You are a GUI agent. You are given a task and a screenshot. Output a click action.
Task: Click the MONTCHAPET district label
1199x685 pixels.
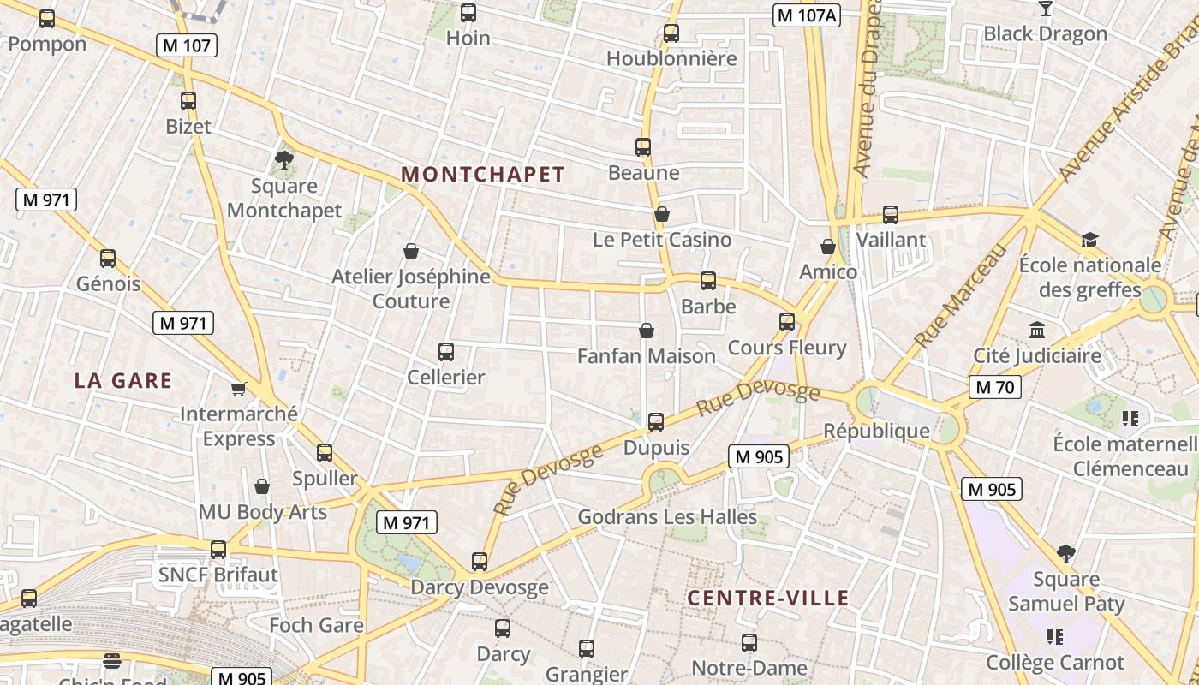click(x=483, y=175)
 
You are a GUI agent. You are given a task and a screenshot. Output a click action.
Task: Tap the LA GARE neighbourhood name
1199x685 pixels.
click(x=123, y=381)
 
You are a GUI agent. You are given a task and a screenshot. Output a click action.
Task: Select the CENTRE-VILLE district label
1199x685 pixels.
click(x=768, y=599)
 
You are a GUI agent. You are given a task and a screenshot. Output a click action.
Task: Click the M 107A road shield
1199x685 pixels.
click(x=807, y=15)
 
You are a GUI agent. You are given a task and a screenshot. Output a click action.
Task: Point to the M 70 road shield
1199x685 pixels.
click(x=994, y=387)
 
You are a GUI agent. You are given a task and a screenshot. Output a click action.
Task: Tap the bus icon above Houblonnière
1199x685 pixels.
click(x=671, y=33)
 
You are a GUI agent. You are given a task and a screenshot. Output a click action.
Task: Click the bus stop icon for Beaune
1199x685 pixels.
click(x=643, y=147)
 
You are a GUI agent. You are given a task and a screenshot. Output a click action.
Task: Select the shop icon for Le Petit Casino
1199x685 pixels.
click(x=661, y=214)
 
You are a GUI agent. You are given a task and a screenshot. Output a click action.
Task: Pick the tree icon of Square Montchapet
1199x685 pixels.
click(x=284, y=159)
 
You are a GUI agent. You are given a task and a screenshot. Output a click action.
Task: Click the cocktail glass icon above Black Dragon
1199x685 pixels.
click(x=1045, y=9)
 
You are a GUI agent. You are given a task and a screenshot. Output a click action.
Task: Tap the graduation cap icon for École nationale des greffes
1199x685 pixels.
click(x=1089, y=240)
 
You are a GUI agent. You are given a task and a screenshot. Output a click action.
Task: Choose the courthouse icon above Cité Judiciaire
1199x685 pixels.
click(x=1037, y=331)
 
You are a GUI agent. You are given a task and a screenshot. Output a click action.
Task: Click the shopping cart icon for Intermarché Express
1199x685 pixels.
click(x=239, y=389)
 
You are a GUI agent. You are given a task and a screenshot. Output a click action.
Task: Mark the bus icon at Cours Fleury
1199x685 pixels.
click(x=787, y=322)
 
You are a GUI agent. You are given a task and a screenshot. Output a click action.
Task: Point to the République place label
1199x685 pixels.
click(x=876, y=431)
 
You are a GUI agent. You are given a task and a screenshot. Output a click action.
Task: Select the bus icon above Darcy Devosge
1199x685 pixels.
click(x=480, y=562)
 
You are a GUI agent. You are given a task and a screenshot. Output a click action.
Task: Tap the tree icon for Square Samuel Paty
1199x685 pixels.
click(x=1066, y=554)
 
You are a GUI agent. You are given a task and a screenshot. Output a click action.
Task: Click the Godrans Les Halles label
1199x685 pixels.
click(x=667, y=517)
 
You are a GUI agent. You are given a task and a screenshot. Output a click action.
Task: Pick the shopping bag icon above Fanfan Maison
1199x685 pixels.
click(x=647, y=331)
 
